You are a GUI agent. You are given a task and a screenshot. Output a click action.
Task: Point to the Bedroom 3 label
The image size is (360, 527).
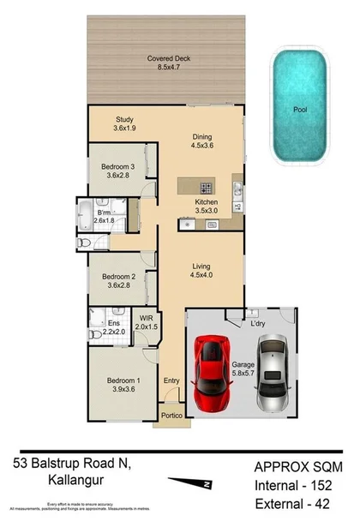click(x=118, y=170)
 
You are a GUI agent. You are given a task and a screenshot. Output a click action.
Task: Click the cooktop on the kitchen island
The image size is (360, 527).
click(x=206, y=187)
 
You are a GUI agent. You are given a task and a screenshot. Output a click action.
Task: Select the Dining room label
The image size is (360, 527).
click(x=201, y=141)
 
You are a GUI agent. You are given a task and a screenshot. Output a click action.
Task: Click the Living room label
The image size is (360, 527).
click(x=202, y=271)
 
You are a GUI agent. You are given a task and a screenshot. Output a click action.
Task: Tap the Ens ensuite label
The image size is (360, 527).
click(x=113, y=326)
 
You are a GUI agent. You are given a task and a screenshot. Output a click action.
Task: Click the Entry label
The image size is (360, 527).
click(x=172, y=380)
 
